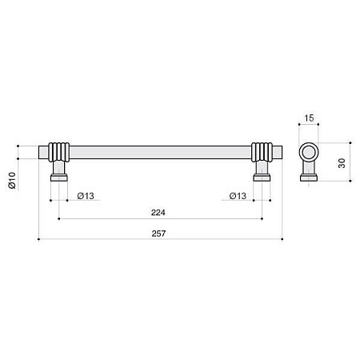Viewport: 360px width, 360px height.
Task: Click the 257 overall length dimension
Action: pyautogui.click(x=158, y=234)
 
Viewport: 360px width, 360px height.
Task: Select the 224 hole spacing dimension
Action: pyautogui.click(x=158, y=213)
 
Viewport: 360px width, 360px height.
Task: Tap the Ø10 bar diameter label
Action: pyautogui.click(x=12, y=181)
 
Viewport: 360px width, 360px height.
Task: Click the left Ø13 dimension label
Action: pyautogui.click(x=86, y=196)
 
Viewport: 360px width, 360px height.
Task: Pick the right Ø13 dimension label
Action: pyautogui.click(x=238, y=196)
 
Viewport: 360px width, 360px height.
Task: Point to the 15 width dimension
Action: pyautogui.click(x=309, y=118)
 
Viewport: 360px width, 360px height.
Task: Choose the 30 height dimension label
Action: pyautogui.click(x=342, y=163)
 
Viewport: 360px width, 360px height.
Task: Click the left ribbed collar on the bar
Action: pyautogui.click(x=59, y=152)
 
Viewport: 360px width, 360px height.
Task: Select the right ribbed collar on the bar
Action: pyautogui.click(x=262, y=152)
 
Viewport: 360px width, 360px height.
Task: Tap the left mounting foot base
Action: pyautogui.click(x=59, y=178)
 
